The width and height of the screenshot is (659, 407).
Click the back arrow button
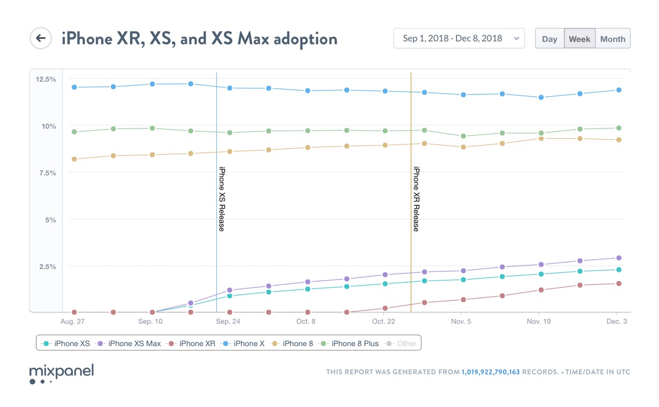point(40,38)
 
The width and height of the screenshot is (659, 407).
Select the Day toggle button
point(549,39)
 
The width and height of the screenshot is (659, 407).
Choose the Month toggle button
point(612,39)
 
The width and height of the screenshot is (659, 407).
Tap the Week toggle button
point(579,39)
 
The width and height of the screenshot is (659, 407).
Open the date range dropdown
point(459,38)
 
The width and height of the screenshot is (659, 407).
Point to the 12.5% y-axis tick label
point(46,79)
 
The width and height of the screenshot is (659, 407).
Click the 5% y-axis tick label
point(50,220)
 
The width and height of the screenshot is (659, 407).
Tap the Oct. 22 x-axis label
point(383,321)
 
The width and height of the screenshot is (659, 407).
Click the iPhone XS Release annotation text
point(222,199)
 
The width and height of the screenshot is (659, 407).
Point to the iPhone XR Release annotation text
point(416,199)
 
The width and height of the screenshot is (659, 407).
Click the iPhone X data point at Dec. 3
point(618,90)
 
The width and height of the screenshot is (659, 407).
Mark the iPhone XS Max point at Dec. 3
point(618,258)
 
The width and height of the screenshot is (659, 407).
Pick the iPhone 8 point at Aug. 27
point(74,159)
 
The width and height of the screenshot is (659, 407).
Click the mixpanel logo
point(61,373)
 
